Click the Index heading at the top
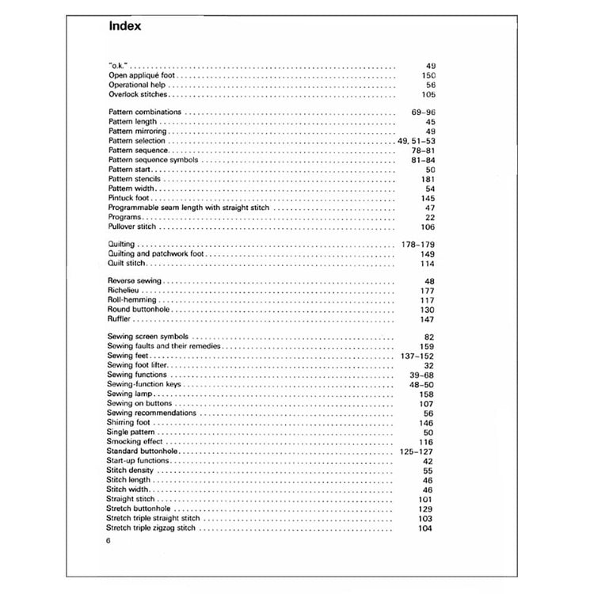(124, 26)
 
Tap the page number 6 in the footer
(109, 540)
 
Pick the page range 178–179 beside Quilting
(417, 246)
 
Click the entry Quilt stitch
(127, 264)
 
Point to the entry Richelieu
(123, 291)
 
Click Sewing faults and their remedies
(164, 346)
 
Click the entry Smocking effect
(136, 441)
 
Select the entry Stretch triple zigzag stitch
(151, 527)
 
